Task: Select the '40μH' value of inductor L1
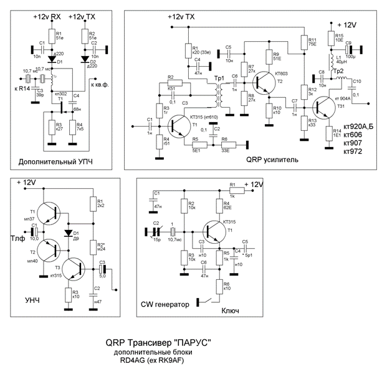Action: (x=340, y=62)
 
